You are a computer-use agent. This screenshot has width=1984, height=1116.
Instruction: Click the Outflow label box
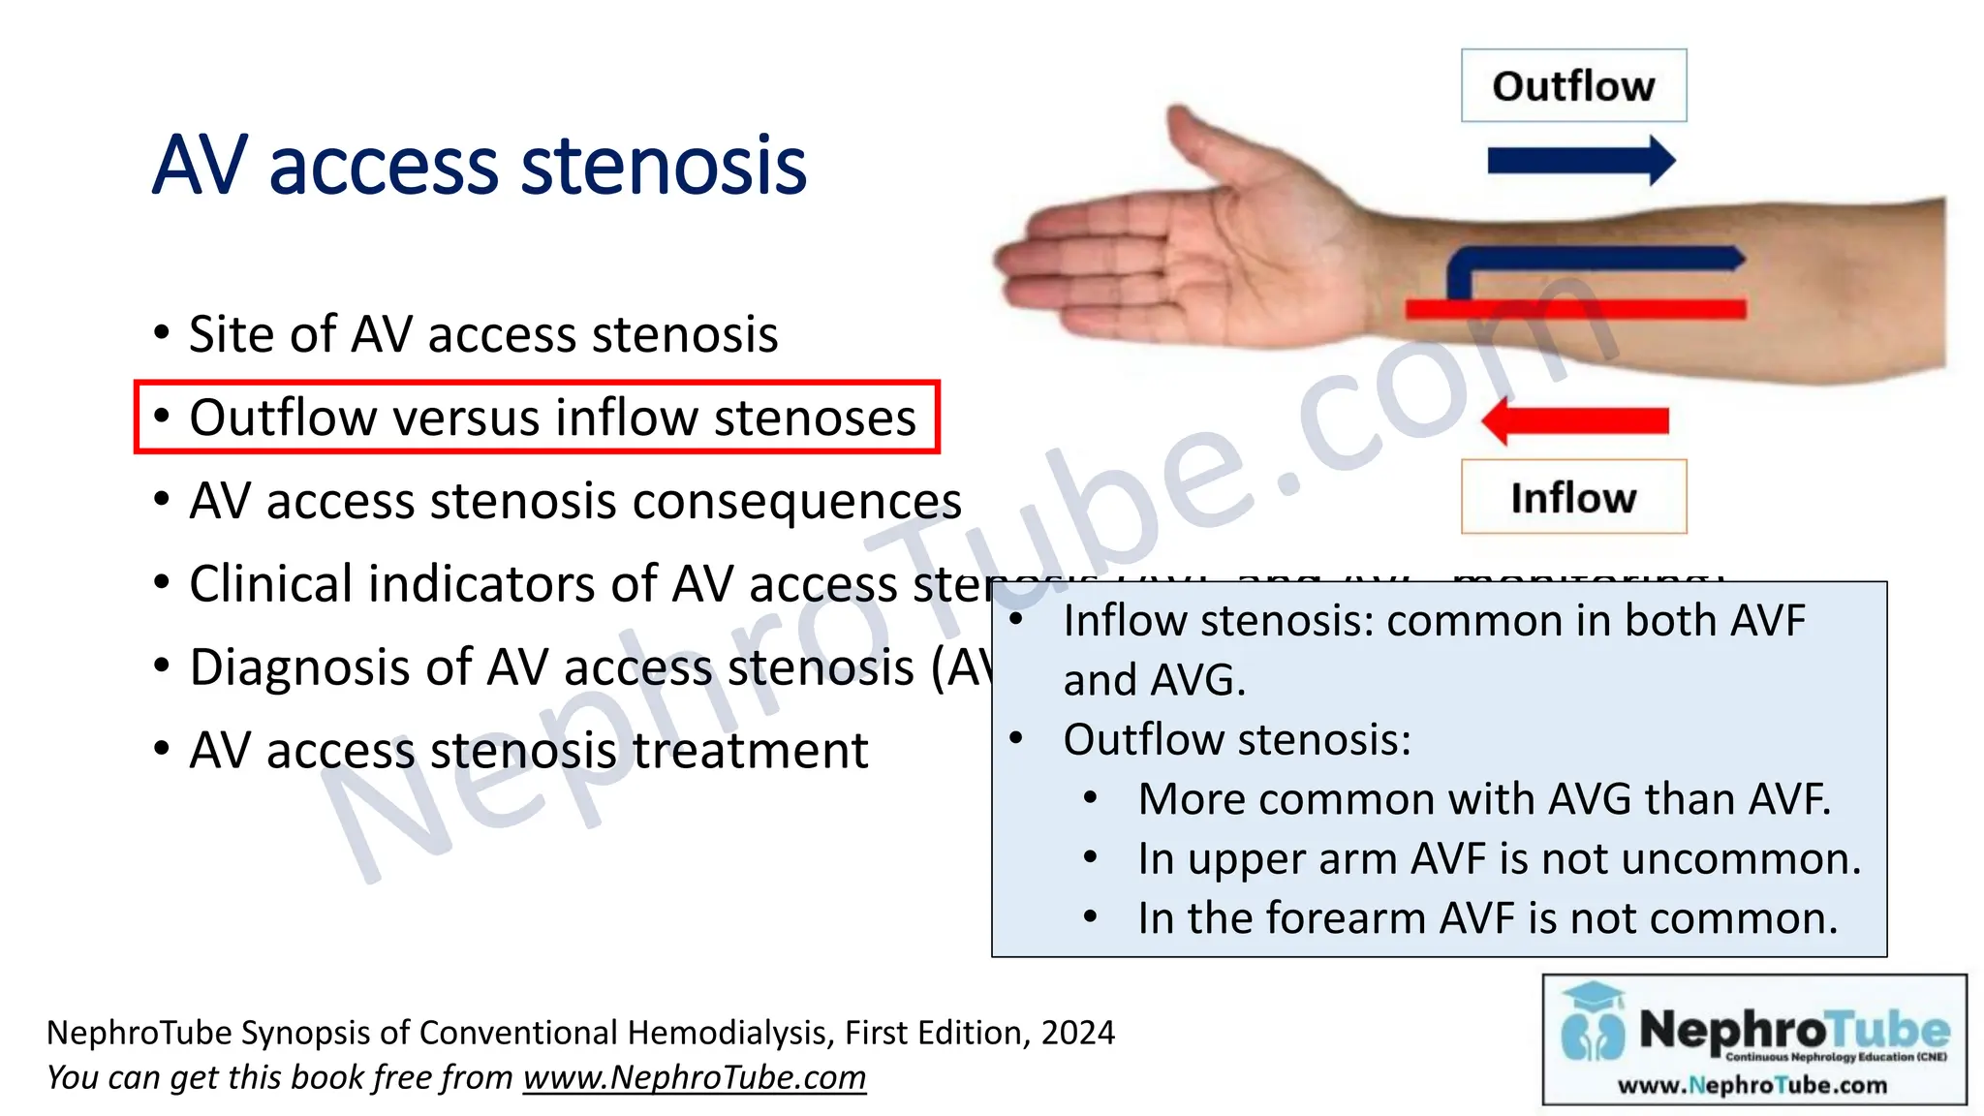(x=1573, y=85)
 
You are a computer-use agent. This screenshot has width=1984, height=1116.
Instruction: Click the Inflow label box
(x=1573, y=497)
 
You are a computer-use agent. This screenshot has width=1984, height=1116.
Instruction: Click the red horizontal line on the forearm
(x=1575, y=310)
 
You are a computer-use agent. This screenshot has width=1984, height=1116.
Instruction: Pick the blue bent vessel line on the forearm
(x=1589, y=260)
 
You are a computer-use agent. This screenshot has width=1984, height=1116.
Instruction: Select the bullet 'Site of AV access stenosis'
(x=482, y=334)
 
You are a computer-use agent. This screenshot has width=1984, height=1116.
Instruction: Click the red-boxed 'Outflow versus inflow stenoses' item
(x=551, y=418)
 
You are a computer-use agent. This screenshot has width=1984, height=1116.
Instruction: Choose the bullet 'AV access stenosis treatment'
(x=528, y=751)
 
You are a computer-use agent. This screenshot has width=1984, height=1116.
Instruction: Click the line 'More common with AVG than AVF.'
(x=1484, y=799)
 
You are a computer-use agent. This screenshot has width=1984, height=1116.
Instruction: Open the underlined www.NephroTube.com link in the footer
(x=695, y=1077)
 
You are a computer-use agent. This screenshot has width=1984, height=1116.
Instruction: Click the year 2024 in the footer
(x=1077, y=1033)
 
